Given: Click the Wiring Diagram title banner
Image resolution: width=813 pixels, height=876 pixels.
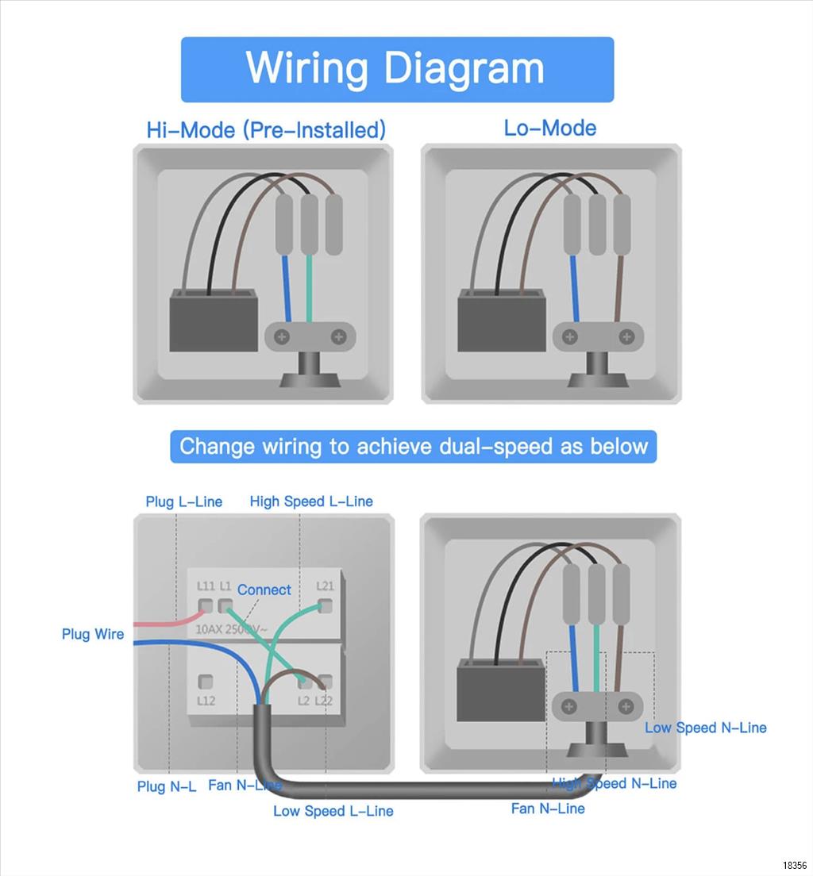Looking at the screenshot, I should coord(397,69).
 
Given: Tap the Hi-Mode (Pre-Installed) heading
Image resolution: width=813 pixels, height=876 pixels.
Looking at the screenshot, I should coord(266,129).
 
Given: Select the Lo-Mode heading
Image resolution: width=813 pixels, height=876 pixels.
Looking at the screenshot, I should coord(549,128).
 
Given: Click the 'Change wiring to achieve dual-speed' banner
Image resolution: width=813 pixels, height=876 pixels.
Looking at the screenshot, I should coord(413,446).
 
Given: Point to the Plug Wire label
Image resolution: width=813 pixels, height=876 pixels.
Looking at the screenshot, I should coord(93,634).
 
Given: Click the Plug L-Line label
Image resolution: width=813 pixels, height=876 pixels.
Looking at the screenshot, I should coord(183,501).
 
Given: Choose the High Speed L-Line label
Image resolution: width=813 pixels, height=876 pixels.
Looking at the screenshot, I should coord(310,501).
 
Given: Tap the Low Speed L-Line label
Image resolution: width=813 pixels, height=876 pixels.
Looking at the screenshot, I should coord(333,811).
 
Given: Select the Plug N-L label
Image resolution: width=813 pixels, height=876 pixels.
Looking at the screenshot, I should coord(166,786).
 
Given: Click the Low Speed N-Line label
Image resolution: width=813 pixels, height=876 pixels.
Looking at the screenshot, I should coord(705,728).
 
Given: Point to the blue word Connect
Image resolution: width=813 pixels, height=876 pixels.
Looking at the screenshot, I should coord(264,590).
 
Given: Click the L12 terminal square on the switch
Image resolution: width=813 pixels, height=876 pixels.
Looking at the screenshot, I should coord(206,681).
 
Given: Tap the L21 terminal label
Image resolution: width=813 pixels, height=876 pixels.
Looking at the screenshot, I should coord(325,586).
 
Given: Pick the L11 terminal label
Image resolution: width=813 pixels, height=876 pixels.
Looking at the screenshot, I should coord(206,586).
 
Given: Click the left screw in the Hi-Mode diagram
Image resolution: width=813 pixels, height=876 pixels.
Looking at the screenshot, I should coord(281,337).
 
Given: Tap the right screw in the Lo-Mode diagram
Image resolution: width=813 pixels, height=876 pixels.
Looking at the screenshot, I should coord(627,337).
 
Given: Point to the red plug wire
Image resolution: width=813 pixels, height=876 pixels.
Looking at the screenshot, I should coord(163,623).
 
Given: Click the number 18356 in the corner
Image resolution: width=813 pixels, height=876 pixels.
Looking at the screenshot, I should coord(794,865).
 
